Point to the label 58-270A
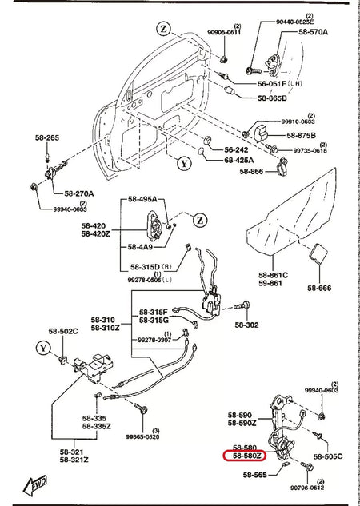click(x=79, y=193)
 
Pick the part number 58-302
click(x=247, y=325)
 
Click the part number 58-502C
click(x=62, y=332)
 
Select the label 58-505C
click(x=327, y=456)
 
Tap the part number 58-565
click(x=255, y=474)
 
